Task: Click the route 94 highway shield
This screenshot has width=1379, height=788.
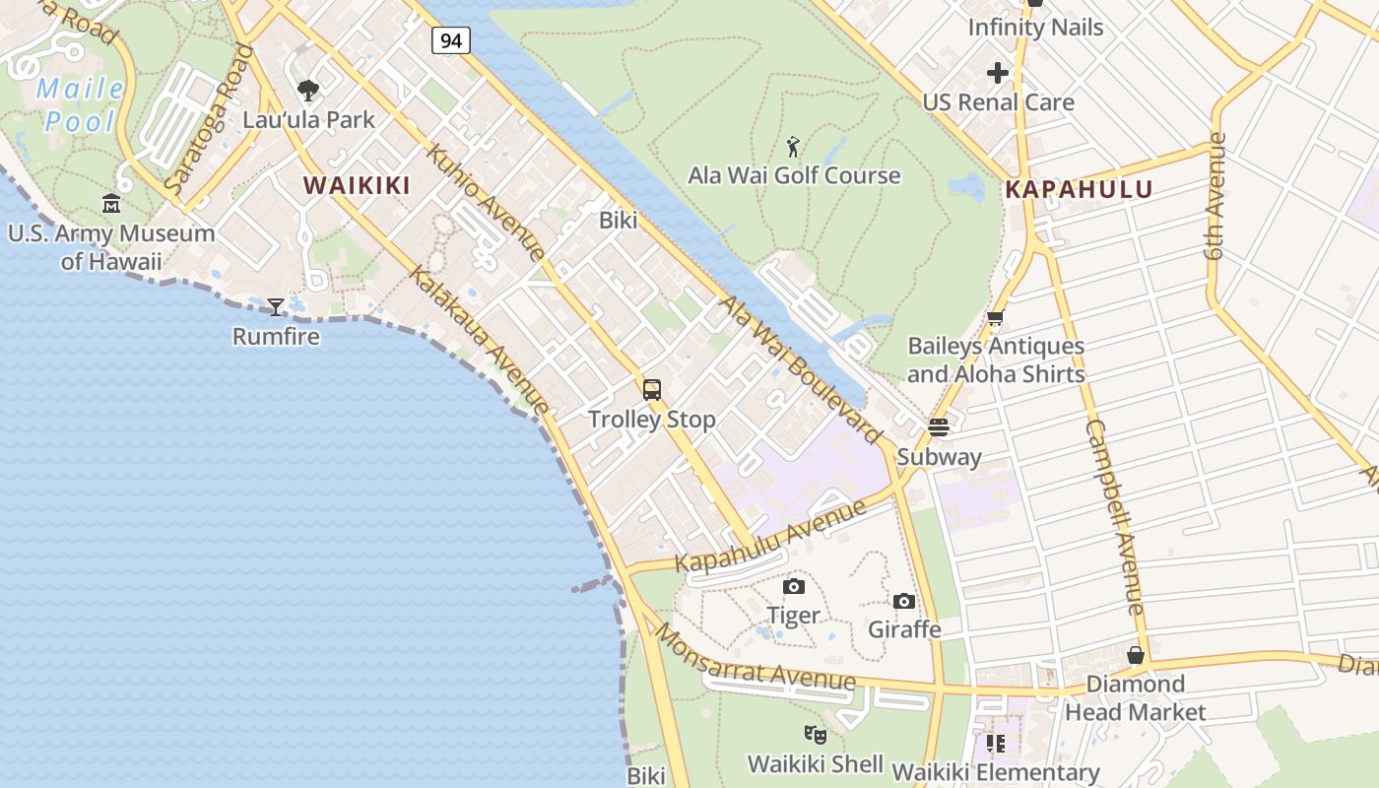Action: tap(450, 40)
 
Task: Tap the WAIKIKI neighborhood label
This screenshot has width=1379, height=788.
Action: tap(356, 185)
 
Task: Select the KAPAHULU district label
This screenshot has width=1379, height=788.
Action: tap(1079, 189)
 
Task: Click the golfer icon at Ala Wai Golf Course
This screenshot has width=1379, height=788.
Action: tap(794, 148)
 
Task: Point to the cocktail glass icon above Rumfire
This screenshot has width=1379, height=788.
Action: tap(276, 307)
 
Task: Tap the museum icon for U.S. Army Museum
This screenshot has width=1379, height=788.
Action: tap(111, 204)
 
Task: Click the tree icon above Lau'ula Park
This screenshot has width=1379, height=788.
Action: tap(308, 91)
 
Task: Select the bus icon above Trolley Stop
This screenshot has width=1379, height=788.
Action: tap(651, 390)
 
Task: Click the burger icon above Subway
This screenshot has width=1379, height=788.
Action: tap(938, 427)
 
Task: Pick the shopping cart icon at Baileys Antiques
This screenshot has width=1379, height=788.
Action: tap(996, 318)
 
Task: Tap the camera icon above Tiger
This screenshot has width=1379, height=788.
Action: tap(793, 587)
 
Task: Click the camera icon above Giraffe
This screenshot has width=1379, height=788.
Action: tap(904, 601)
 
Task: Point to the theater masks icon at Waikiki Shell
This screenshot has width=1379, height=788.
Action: tap(815, 735)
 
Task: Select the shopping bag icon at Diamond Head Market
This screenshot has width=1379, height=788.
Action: tap(1136, 655)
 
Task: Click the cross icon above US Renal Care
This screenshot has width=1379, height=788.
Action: tap(998, 73)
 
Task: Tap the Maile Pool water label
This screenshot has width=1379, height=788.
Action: tap(81, 105)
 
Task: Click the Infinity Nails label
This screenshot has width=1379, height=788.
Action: tap(1035, 27)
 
